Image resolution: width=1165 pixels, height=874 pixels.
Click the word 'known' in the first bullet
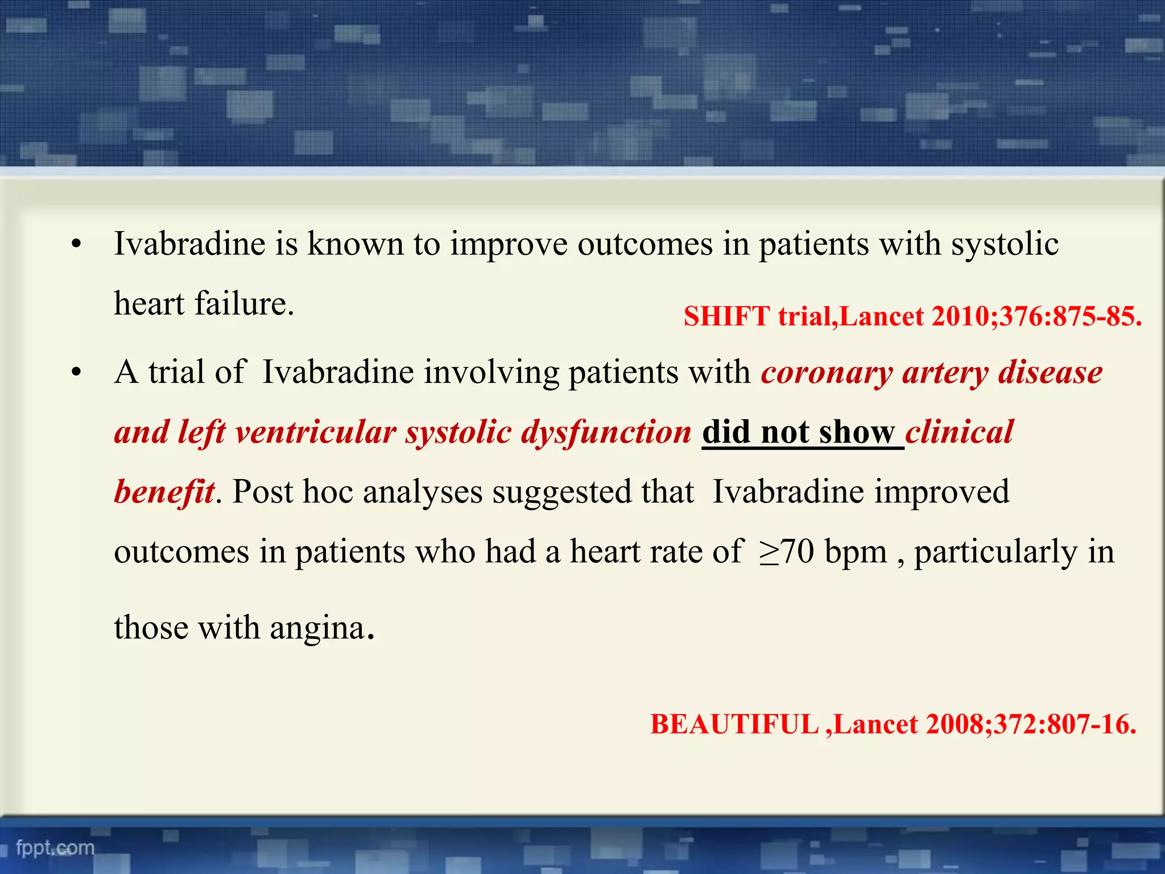tap(355, 244)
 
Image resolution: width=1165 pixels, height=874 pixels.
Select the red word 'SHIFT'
tap(726, 316)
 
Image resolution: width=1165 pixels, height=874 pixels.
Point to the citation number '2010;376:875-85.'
tap(1036, 316)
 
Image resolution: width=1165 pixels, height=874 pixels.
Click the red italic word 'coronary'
tap(827, 373)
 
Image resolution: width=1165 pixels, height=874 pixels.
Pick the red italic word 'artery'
tap(945, 373)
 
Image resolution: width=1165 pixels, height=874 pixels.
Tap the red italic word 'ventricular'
tap(315, 432)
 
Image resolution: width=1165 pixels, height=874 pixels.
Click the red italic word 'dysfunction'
tap(606, 432)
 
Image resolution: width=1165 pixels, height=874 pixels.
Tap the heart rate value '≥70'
tap(786, 552)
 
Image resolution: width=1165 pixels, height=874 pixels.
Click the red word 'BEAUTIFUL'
tap(734, 725)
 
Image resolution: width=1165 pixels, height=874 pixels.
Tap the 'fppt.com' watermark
tap(55, 848)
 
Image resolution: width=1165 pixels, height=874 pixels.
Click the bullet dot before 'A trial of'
tap(77, 374)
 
